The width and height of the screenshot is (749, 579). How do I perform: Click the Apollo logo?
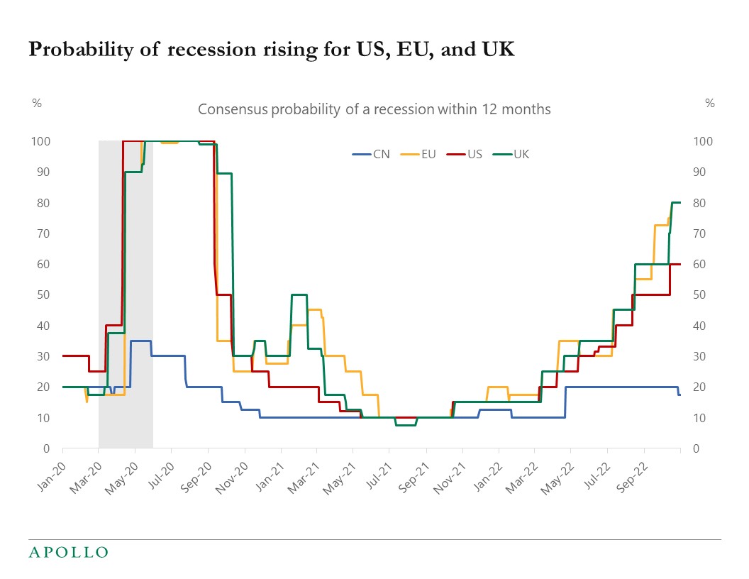[68, 552]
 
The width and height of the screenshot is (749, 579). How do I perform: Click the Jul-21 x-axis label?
[376, 470]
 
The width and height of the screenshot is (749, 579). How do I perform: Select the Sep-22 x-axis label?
[631, 470]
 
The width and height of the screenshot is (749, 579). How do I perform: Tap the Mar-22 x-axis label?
[521, 470]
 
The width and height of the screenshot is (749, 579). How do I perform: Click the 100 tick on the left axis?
[41, 141]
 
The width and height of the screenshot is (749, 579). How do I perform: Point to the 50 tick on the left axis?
[44, 294]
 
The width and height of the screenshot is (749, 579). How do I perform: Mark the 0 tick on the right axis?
[695, 448]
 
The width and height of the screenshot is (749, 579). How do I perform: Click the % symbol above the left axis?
[37, 103]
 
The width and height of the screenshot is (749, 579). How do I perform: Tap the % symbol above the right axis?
[710, 103]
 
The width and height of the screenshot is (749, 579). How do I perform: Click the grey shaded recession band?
[126, 284]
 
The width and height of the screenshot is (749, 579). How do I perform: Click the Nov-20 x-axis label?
[231, 470]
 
